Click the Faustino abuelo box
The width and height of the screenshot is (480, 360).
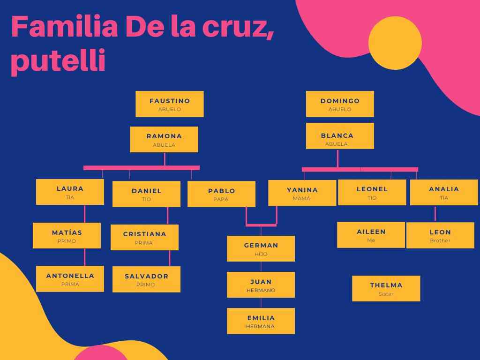pos(170,104)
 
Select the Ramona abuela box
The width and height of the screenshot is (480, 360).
pos(164,139)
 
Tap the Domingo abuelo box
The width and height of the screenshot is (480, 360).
pos(340,104)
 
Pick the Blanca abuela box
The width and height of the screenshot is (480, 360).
pos(340,136)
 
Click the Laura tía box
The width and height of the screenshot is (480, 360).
pos(70,192)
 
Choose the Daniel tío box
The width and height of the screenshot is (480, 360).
pos(146,194)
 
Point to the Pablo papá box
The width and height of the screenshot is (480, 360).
pos(221,194)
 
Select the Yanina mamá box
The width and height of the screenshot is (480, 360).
pos(302,193)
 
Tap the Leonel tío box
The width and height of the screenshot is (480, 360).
pos(372,192)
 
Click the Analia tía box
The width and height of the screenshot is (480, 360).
pos(444,192)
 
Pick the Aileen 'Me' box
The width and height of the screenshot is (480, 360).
pos(371,235)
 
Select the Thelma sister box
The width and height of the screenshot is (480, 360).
pos(386,288)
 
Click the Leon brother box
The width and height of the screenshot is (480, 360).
pos(440,235)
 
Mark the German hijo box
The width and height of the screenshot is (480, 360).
pos(261,248)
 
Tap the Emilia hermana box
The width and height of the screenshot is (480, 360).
pos(261,321)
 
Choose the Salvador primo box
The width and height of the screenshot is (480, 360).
pos(146,279)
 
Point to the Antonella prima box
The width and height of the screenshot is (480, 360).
pos(70,279)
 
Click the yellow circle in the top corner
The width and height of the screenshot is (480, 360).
pos(395,43)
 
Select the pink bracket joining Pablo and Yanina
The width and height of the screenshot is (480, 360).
pos(261,225)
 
